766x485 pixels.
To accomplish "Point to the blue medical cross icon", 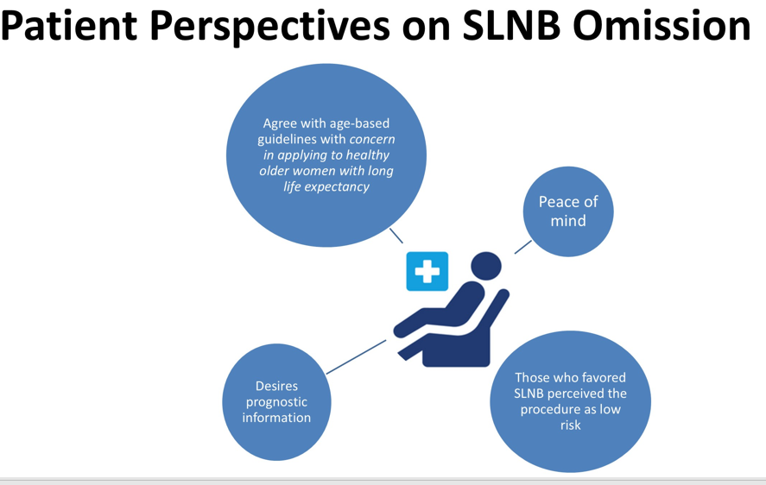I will [427, 272].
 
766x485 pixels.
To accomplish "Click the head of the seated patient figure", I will [487, 267].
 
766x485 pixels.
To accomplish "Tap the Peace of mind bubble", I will [568, 211].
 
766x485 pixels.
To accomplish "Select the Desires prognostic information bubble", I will [276, 402].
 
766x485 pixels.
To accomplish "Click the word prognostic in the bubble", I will [276, 402].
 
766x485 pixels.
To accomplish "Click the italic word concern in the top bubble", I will [372, 139].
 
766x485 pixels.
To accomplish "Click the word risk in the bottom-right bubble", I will [570, 425].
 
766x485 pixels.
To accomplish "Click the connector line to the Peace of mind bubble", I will [523, 247].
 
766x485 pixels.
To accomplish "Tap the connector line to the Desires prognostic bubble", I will [356, 356].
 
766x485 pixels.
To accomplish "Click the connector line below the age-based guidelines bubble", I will [396, 236].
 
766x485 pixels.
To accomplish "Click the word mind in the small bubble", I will [568, 221].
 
